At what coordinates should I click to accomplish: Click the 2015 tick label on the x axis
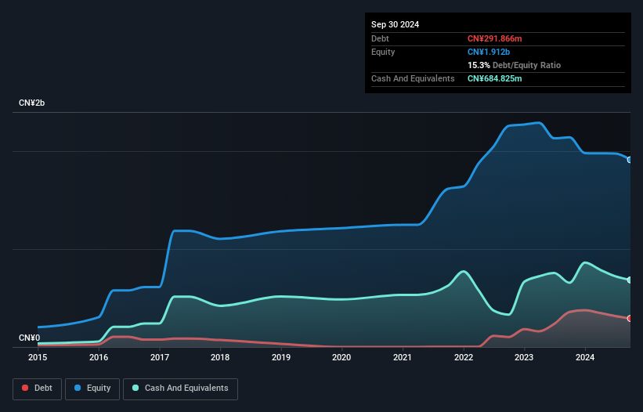coord(38,357)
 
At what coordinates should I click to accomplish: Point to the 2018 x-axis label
coord(220,357)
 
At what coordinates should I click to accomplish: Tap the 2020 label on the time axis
coord(341,357)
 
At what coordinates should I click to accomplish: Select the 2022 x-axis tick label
coord(464,357)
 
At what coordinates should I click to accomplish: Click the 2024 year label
coord(585,357)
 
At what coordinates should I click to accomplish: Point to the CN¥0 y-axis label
coord(30,338)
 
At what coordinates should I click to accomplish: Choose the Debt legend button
coord(36,388)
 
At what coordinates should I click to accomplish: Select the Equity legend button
coord(93,388)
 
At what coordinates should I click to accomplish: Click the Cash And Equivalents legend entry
coord(180,388)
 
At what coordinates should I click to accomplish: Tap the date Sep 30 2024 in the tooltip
coord(395,24)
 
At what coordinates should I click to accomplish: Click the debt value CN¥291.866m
coord(494,38)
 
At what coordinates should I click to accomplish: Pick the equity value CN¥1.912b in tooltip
coord(488,52)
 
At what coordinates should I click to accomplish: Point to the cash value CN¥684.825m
coord(494,79)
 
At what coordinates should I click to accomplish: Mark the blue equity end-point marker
coord(630,159)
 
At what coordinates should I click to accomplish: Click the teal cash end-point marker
coord(630,280)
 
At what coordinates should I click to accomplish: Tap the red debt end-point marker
coord(630,318)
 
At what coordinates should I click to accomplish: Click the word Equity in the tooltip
coord(383,52)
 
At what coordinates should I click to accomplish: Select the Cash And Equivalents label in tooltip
coord(413,79)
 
